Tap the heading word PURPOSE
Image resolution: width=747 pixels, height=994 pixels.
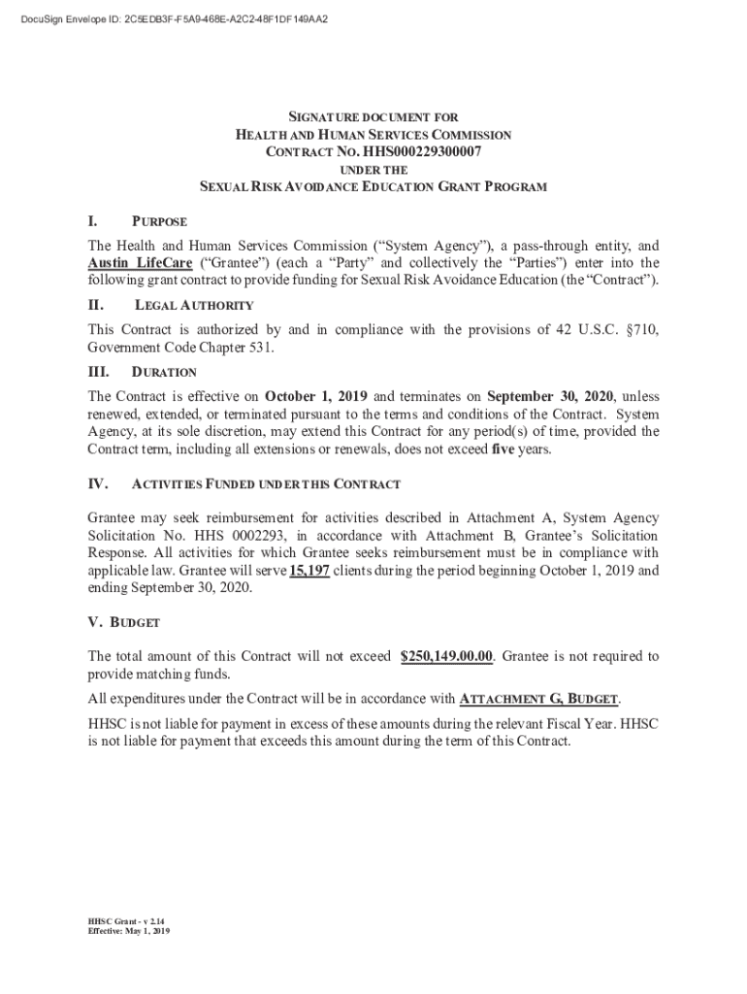pyautogui.click(x=160, y=222)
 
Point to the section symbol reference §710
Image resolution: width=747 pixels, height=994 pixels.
pyautogui.click(x=638, y=330)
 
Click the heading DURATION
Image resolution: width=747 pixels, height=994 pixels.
pyautogui.click(x=164, y=373)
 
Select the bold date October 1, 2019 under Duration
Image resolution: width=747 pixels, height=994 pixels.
pyautogui.click(x=317, y=396)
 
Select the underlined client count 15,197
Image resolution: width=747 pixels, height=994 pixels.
pyautogui.click(x=310, y=571)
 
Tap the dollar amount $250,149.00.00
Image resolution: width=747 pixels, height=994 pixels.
pyautogui.click(x=446, y=657)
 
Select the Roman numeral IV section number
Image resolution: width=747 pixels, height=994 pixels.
pyautogui.click(x=98, y=483)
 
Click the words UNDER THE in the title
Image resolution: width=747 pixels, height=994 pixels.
pyautogui.click(x=373, y=169)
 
